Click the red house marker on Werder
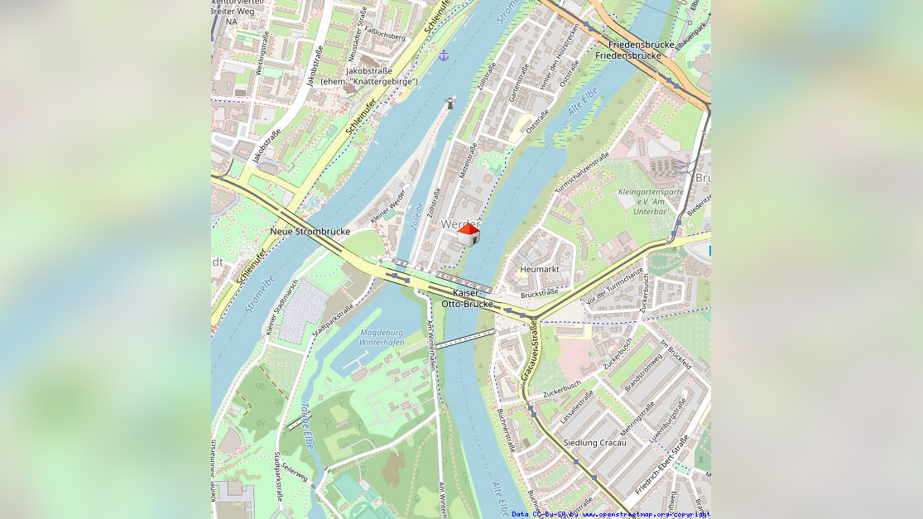tap(469, 234)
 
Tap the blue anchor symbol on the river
tap(444, 55)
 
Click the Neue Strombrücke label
tap(310, 231)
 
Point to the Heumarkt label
tap(540, 269)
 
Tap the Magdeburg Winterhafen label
tap(382, 338)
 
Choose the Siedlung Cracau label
tap(594, 443)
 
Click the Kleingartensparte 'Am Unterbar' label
tap(651, 202)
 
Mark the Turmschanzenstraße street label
tap(582, 172)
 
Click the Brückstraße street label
tap(539, 293)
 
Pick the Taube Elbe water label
tap(306, 422)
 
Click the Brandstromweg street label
tap(642, 372)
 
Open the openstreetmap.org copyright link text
tap(646, 514)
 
